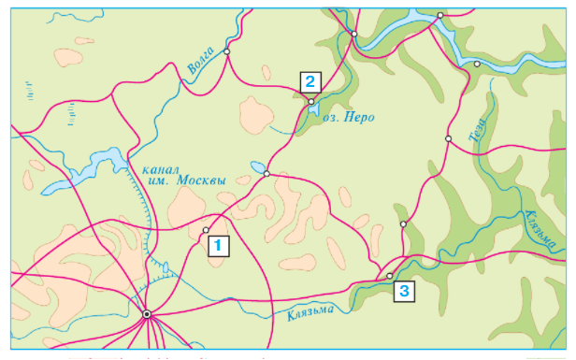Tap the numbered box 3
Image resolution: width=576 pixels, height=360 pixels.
click(403, 291)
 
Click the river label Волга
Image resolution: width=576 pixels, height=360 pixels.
click(201, 60)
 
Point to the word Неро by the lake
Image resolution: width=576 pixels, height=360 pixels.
click(360, 118)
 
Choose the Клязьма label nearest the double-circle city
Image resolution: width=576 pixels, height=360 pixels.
click(310, 314)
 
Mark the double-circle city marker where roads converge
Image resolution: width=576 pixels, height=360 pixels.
click(147, 315)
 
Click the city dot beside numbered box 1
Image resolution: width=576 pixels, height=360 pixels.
click(206, 230)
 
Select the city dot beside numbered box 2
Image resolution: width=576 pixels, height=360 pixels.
click(310, 101)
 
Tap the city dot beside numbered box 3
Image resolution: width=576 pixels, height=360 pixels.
click(390, 276)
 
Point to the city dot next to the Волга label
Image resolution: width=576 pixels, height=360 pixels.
click(227, 51)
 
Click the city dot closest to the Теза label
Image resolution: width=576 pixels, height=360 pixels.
click(448, 138)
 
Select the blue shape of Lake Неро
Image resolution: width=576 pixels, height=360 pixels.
click(310, 111)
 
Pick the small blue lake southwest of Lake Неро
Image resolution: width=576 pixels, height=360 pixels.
click(256, 168)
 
